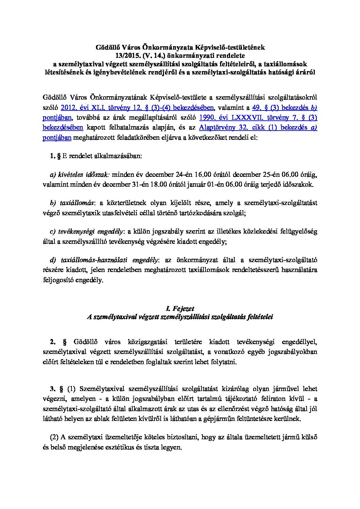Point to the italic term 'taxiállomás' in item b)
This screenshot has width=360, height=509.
[x=76, y=203]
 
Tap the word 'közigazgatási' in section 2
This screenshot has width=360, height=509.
[x=147, y=341]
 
